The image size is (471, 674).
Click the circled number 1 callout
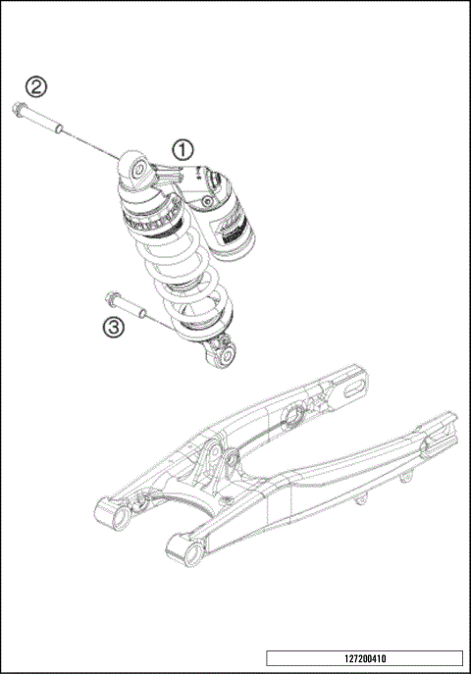[183, 149]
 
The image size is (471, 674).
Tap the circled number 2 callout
[35, 86]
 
